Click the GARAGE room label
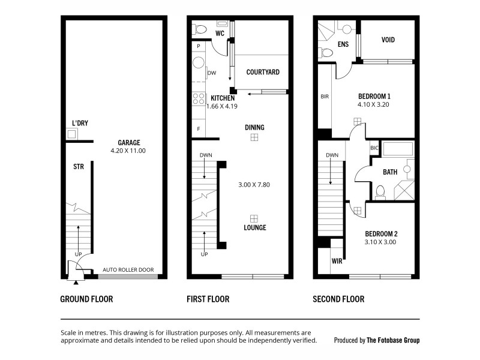coord(128,142)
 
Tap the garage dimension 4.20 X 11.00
coord(128,151)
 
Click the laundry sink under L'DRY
coord(72,134)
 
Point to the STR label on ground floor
coord(78,166)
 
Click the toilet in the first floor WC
coord(199,28)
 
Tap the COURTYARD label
coord(263,72)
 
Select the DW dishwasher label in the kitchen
coord(212,73)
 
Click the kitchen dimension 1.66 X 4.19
coord(222,106)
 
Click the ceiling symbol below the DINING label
coord(254,137)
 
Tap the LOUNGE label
coord(254,227)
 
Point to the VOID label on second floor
coord(388,40)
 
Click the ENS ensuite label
coord(343,44)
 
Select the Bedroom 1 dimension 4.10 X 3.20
coord(374,104)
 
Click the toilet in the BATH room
coord(379,191)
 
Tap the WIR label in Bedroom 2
coord(337,262)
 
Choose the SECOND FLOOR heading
coord(338,299)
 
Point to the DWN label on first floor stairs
coord(205,155)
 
